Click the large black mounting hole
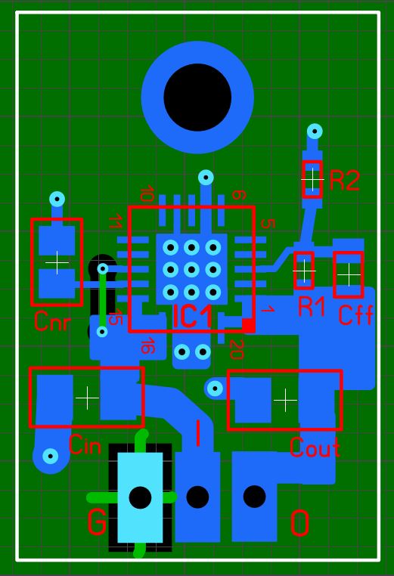coord(197,98)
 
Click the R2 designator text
coord(344,180)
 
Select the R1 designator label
coord(312,306)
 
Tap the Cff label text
coord(355,314)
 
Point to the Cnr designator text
coord(52,321)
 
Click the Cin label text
coord(85,444)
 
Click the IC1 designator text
coord(193,316)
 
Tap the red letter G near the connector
coord(97,522)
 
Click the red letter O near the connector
coord(300,523)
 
